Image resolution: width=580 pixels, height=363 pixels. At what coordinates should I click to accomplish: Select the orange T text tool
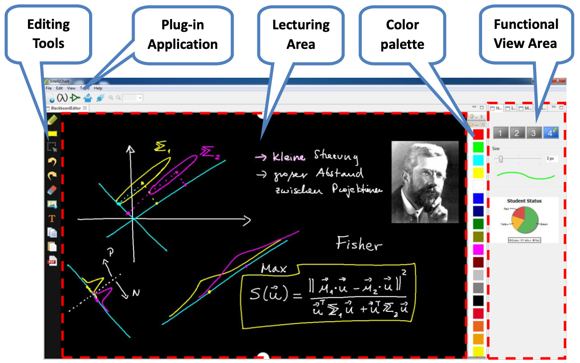(52, 218)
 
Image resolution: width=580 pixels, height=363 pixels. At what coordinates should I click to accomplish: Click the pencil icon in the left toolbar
(52, 120)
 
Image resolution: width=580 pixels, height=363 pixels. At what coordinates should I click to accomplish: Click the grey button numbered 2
(516, 133)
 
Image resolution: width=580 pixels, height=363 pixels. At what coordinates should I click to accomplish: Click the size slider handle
(501, 159)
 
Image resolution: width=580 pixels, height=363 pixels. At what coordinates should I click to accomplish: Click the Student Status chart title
(525, 201)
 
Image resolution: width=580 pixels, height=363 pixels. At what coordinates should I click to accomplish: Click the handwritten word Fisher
(359, 243)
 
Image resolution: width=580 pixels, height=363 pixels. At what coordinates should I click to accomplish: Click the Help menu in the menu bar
(98, 88)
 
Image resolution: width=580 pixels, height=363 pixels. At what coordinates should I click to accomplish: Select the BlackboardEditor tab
(66, 108)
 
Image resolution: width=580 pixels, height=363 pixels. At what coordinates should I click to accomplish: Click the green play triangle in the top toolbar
(76, 98)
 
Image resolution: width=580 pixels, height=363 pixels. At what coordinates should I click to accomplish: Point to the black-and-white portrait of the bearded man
(425, 182)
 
